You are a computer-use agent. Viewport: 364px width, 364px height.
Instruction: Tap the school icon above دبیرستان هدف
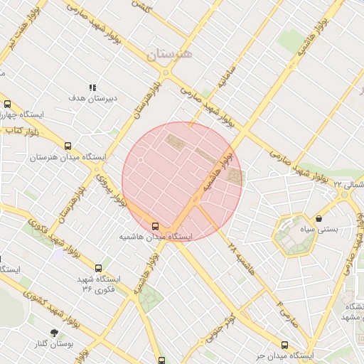coord(92,87)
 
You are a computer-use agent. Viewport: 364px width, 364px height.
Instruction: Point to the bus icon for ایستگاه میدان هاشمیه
coord(156,225)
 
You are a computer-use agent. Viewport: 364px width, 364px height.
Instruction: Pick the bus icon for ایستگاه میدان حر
coord(285,345)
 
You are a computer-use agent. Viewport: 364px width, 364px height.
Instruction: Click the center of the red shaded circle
coord(182,181)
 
